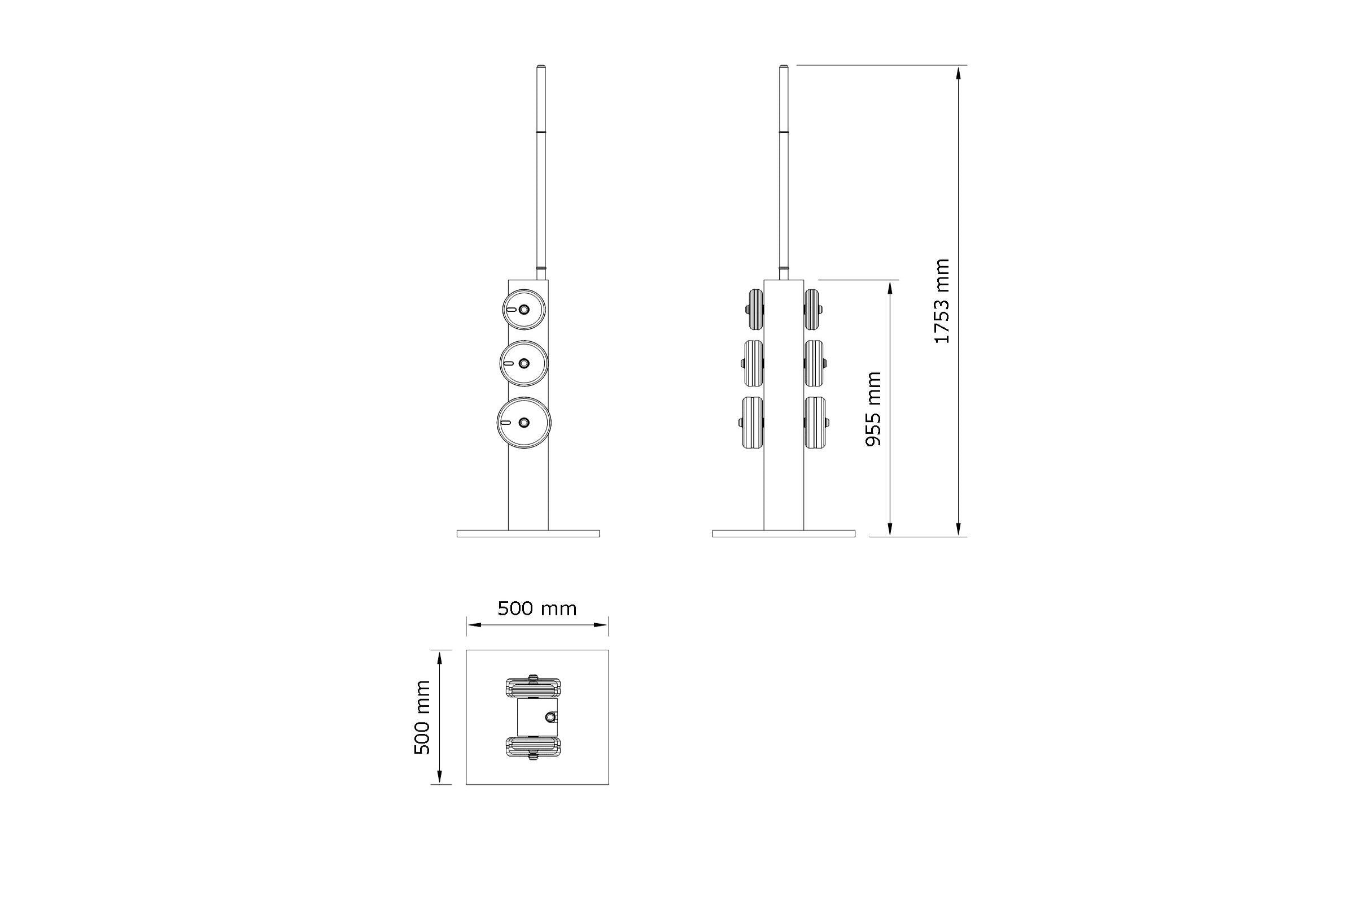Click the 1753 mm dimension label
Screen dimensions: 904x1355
(x=941, y=301)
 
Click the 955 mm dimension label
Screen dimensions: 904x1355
(x=873, y=408)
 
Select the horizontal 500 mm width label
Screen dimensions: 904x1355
(x=537, y=609)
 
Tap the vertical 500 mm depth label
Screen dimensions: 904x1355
(x=422, y=717)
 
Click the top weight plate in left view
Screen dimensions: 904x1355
(x=524, y=310)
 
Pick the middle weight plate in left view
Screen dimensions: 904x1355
(x=524, y=363)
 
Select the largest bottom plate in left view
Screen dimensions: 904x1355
(x=524, y=423)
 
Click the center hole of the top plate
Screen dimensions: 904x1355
(x=524, y=310)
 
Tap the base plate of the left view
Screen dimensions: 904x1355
(x=528, y=534)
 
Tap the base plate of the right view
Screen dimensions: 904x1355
(x=784, y=534)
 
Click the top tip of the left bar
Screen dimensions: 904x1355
(x=541, y=68)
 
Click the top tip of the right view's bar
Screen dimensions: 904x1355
(x=784, y=68)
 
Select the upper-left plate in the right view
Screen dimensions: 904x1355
(x=755, y=310)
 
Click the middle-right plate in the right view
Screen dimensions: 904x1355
(x=814, y=363)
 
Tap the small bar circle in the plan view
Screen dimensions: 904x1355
(x=550, y=716)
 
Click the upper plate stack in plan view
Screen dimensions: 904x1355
(x=533, y=686)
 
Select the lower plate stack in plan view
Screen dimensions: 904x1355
(x=533, y=747)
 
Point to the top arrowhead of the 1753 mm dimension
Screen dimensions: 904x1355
(x=959, y=73)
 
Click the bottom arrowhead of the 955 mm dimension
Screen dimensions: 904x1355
(x=890, y=529)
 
